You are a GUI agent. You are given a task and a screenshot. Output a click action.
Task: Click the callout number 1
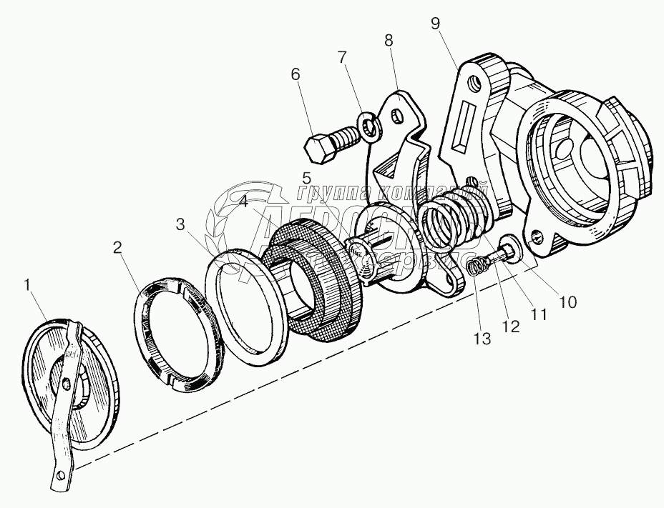tap(28, 285)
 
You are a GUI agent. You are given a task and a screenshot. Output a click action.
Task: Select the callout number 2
tap(116, 249)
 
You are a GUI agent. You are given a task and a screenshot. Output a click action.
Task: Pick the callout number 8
tap(389, 41)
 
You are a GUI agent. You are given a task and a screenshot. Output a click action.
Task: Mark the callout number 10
tap(567, 302)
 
